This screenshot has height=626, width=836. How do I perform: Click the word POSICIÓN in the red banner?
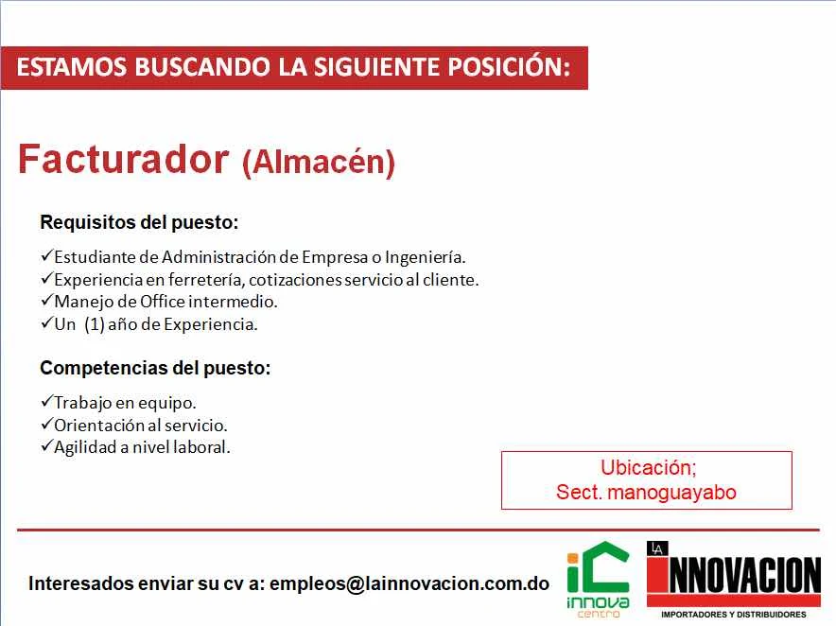pyautogui.click(x=509, y=66)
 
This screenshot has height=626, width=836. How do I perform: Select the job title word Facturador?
pyautogui.click(x=124, y=159)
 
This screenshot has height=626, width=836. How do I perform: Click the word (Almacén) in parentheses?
pyautogui.click(x=319, y=162)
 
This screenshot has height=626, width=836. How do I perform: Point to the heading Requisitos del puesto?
pyautogui.click(x=139, y=222)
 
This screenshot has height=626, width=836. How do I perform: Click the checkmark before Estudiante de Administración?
pyautogui.click(x=47, y=256)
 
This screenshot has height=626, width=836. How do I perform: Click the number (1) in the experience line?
pyautogui.click(x=94, y=324)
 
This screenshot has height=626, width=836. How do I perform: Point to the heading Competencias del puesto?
pyautogui.click(x=155, y=368)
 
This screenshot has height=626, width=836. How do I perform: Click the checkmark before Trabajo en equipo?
pyautogui.click(x=47, y=402)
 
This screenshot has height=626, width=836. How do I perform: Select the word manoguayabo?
pyautogui.click(x=671, y=492)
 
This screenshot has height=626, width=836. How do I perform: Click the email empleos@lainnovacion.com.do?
pyautogui.click(x=409, y=583)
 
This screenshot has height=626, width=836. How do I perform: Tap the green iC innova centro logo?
pyautogui.click(x=598, y=580)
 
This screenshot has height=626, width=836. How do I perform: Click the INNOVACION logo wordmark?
pyautogui.click(x=734, y=575)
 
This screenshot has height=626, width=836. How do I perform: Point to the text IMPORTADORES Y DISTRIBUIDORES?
pyautogui.click(x=734, y=615)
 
